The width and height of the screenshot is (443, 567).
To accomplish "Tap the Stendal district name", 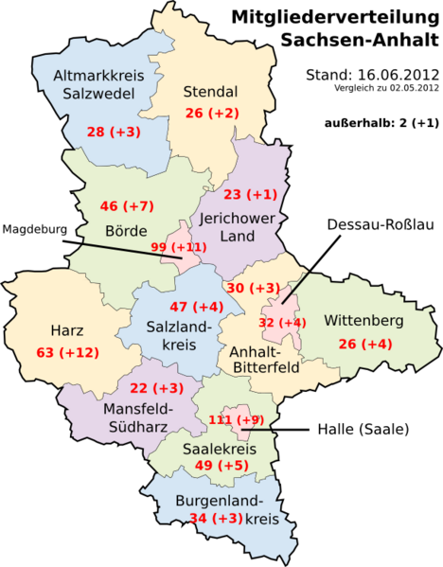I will coord(208,92).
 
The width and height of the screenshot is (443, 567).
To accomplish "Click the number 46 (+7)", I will coord(127,205).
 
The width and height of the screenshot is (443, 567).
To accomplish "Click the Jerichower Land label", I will coord(238,226).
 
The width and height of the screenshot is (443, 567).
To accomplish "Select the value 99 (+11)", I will coord(179,248).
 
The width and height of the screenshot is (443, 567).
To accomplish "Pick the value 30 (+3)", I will coord(252,288).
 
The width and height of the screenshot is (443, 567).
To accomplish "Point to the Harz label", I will coord(67,331).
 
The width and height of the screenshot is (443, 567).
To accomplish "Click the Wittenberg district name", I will coord(363,321).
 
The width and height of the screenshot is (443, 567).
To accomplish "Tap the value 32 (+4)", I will coord(282,322).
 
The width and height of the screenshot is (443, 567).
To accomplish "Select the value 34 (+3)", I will coord(216,518).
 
